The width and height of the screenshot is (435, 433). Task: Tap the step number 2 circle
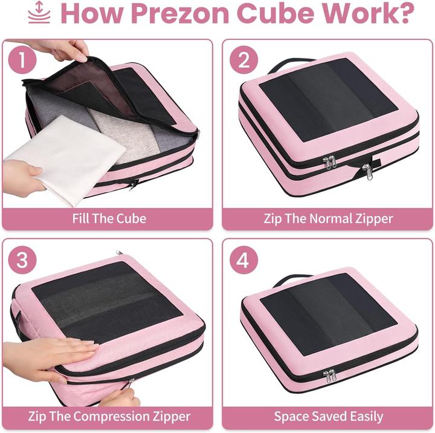point(243,60)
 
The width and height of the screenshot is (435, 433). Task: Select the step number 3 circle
point(22,261)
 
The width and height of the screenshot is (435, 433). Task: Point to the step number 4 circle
point(243,261)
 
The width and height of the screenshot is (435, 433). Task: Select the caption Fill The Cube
point(109,218)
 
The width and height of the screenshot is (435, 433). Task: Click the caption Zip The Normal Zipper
point(328,218)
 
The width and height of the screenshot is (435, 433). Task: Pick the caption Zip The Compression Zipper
point(109,416)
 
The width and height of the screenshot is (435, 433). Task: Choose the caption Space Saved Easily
point(328,416)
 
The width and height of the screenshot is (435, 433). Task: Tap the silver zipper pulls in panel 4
point(330,377)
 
